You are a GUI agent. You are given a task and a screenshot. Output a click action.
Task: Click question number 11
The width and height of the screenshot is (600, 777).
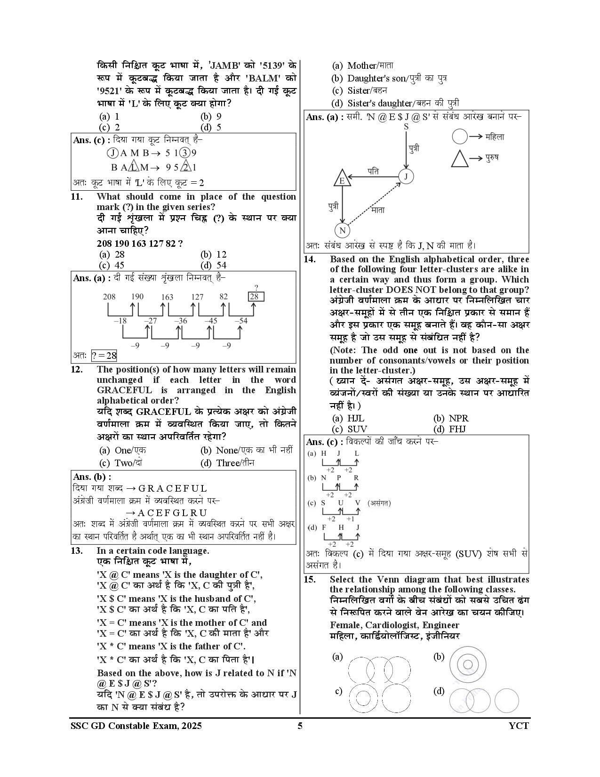(77, 197)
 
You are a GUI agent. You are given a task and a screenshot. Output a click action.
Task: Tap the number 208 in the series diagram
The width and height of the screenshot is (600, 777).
(109, 297)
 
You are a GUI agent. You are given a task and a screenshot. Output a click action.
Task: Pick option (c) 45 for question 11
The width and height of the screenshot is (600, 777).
(112, 265)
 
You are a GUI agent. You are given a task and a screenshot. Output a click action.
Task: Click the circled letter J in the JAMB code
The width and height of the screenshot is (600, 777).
(112, 153)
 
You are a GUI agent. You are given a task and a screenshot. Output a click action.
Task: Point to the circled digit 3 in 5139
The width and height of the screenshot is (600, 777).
(185, 153)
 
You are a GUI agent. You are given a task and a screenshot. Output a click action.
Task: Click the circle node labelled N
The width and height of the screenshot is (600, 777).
(342, 230)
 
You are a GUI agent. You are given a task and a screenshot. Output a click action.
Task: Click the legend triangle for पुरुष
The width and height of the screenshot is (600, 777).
(460, 158)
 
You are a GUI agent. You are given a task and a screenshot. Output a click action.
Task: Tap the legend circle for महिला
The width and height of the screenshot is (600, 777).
(460, 137)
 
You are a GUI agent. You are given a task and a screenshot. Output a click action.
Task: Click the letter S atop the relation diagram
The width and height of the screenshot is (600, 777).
(406, 126)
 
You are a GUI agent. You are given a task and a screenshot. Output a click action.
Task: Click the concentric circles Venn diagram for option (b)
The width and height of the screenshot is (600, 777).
(467, 664)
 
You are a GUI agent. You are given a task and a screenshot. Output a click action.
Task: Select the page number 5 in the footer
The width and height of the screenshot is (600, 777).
(300, 726)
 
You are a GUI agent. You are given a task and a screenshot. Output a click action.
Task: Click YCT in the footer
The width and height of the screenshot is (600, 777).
(519, 726)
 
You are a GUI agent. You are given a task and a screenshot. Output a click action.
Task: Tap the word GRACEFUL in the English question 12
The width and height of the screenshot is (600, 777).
(124, 390)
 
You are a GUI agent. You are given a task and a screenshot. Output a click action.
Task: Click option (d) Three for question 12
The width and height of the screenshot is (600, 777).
(228, 463)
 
